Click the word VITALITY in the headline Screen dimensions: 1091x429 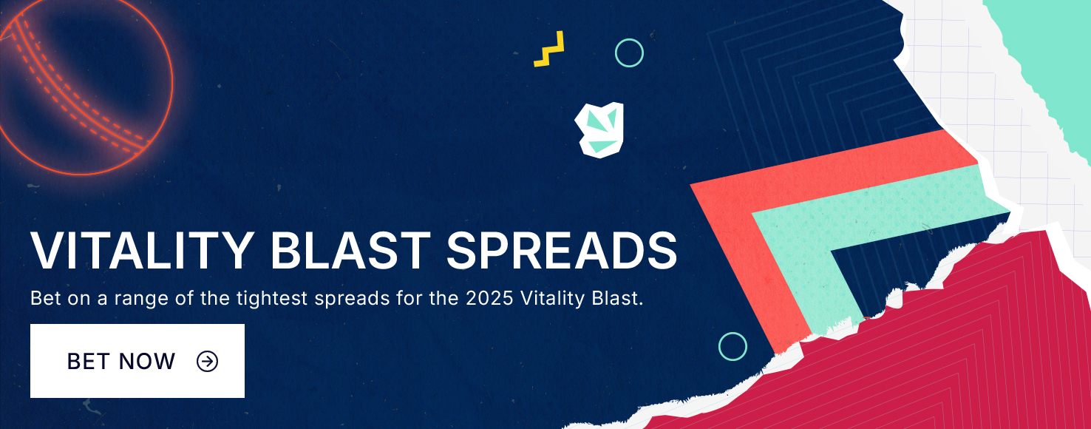pyautogui.click(x=142, y=251)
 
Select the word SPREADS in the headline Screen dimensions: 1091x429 pyautogui.click(x=562, y=251)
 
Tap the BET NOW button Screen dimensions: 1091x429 pyautogui.click(x=137, y=361)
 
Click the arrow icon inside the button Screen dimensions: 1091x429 pyautogui.click(x=207, y=361)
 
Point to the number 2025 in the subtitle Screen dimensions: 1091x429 pyautogui.click(x=489, y=298)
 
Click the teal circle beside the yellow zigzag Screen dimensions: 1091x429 pyautogui.click(x=629, y=39)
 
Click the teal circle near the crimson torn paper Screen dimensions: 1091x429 pyautogui.click(x=733, y=333)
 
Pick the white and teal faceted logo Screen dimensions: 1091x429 pyautogui.click(x=599, y=129)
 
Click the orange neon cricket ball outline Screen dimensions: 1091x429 pyautogui.click(x=172, y=83)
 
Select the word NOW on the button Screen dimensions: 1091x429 pyautogui.click(x=146, y=361)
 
